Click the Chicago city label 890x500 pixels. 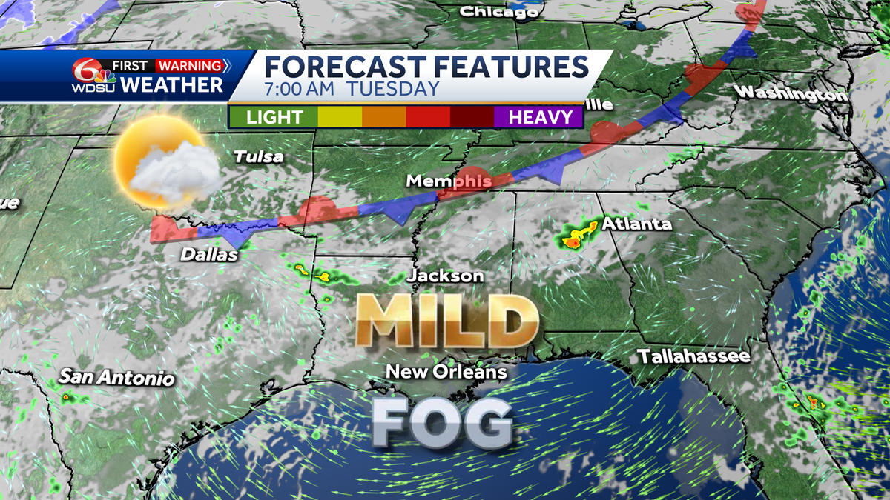(x=498, y=12)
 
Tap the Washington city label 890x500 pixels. (x=791, y=94)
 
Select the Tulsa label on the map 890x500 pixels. (x=258, y=157)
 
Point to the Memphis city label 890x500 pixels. (x=449, y=181)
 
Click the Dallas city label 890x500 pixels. (x=210, y=256)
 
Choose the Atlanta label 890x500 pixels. (x=636, y=224)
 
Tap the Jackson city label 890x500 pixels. (x=446, y=276)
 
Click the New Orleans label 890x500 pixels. (x=446, y=372)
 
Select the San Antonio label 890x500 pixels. (x=117, y=378)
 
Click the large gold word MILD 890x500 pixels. (x=446, y=320)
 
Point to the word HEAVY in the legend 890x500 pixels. (x=540, y=117)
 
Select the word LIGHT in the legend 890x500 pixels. (x=274, y=117)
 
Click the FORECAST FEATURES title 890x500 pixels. (x=426, y=66)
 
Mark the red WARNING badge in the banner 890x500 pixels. (x=190, y=64)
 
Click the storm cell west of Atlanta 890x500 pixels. (x=577, y=235)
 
